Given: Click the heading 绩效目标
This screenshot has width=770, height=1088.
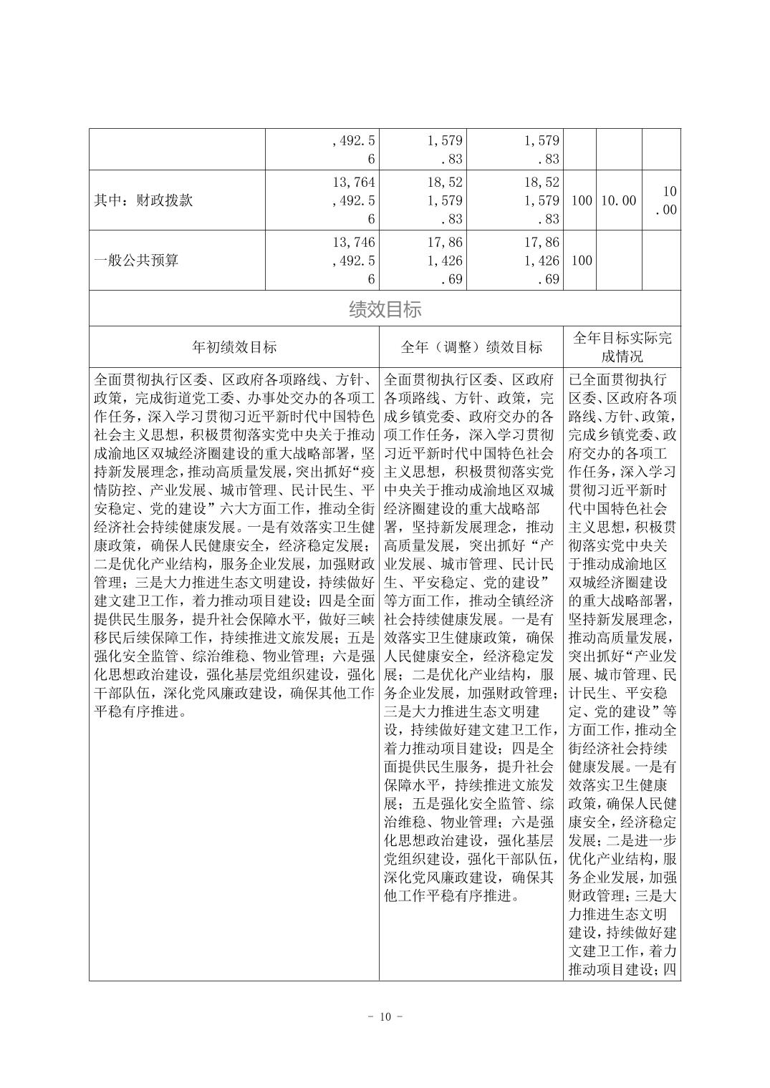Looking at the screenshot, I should (x=385, y=309).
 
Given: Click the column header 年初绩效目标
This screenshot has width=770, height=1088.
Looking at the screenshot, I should (x=234, y=347).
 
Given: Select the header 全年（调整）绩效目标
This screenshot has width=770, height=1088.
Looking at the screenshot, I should (x=471, y=347).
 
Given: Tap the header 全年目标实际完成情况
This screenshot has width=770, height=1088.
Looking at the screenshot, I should (x=622, y=347).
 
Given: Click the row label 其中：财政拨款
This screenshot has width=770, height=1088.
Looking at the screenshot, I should (x=143, y=200).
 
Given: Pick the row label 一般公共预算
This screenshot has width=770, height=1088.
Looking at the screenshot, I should (x=136, y=260).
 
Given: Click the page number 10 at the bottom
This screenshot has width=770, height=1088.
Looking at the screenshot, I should (x=385, y=1017).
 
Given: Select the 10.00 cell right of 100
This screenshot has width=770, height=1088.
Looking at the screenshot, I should (x=618, y=200).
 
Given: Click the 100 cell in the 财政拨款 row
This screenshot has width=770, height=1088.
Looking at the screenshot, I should (x=581, y=200).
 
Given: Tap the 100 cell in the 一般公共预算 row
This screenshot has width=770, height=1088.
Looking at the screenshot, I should (x=581, y=260).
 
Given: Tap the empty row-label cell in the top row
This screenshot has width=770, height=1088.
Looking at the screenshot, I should (x=177, y=149).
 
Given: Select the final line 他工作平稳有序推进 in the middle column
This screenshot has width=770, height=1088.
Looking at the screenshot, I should (x=444, y=895).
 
